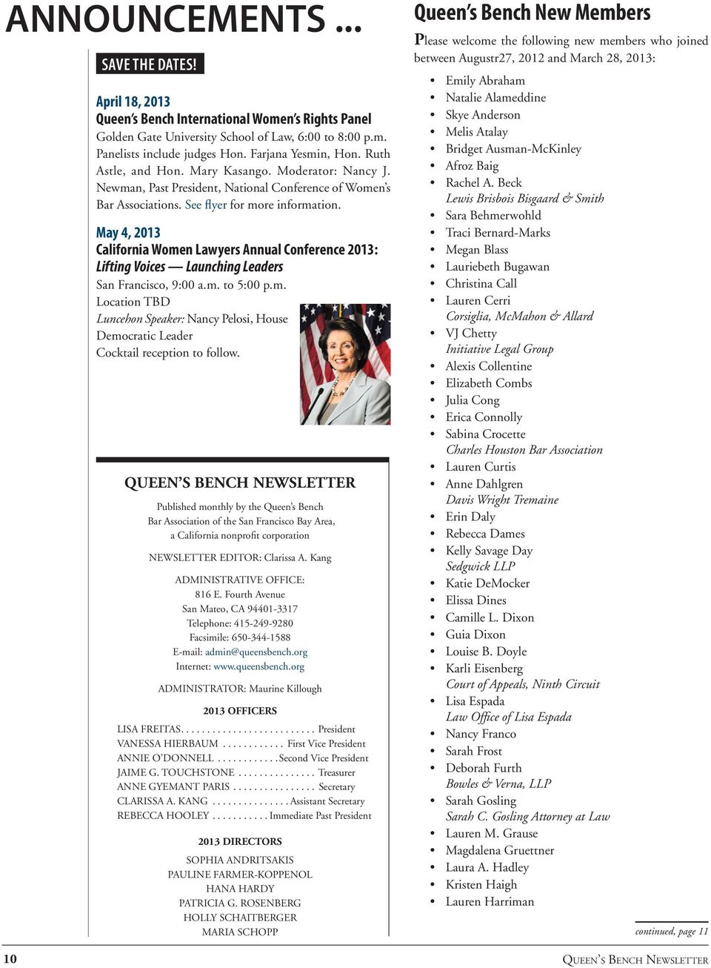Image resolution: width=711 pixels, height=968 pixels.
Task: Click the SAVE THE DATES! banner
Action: (149, 64)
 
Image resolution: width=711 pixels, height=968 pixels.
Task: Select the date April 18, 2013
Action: (133, 102)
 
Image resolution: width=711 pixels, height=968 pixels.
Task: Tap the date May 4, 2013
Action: (128, 233)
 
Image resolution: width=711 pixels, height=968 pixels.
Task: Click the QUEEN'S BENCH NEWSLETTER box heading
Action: (240, 483)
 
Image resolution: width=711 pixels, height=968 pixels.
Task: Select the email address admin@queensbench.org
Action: (256, 652)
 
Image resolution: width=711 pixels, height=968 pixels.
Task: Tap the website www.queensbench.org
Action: (258, 666)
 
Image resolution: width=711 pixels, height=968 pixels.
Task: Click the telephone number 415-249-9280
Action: (263, 623)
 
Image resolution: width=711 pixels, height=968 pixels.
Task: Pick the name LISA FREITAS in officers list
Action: (149, 729)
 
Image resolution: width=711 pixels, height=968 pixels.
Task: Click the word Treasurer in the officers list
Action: (336, 772)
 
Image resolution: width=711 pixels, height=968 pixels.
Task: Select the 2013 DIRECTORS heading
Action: (240, 841)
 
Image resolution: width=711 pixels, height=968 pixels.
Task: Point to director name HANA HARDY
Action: (240, 889)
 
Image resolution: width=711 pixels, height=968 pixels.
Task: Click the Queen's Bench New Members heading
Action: (532, 13)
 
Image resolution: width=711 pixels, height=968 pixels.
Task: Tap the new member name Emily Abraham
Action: (485, 80)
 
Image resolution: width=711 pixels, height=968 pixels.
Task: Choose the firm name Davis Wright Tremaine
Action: (502, 500)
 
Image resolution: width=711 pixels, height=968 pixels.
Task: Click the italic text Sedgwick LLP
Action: (480, 566)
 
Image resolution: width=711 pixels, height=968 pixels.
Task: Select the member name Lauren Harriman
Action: (490, 901)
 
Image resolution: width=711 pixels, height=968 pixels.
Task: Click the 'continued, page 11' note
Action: (671, 932)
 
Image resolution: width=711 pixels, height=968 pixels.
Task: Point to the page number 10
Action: (10, 958)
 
